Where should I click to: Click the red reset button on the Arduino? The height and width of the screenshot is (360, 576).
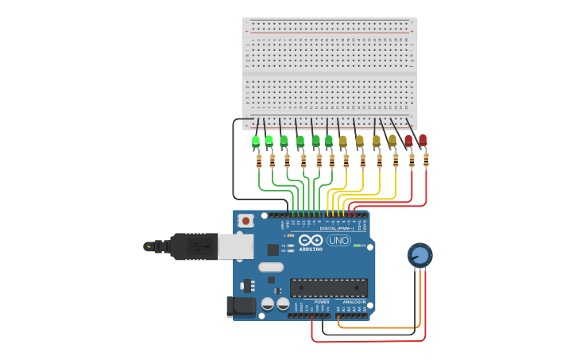(246, 220)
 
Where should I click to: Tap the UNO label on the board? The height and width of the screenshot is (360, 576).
(338, 240)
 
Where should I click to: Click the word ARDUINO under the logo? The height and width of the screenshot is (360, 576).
(311, 249)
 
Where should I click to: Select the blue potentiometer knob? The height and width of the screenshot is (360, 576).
(419, 255)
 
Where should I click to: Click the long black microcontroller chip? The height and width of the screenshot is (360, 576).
(328, 288)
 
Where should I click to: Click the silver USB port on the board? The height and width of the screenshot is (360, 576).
(236, 246)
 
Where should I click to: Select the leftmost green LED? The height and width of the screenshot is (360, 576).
(256, 141)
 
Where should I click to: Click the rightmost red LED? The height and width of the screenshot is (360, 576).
(423, 141)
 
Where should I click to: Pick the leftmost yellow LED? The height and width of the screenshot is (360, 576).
(343, 141)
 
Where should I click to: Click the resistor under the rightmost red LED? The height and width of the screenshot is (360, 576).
(426, 161)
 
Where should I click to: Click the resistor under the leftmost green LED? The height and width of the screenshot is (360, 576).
(259, 161)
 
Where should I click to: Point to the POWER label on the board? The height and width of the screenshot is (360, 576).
(322, 302)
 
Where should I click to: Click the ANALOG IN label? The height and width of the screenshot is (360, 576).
(354, 302)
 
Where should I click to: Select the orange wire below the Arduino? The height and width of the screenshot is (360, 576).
(377, 327)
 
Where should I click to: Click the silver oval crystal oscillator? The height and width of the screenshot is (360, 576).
(271, 267)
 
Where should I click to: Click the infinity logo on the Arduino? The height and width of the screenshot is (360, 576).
(311, 240)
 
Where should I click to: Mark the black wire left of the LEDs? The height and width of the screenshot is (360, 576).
(233, 159)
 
